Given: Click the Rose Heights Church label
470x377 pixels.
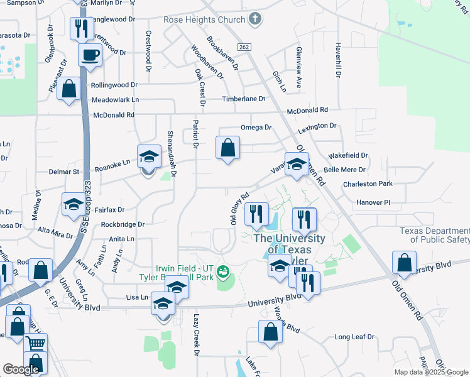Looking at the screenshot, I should [204, 20].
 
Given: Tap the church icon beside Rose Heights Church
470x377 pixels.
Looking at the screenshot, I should [255, 19].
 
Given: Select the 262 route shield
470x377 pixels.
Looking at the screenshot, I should [244, 48].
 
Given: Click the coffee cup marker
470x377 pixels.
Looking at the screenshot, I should [90, 54].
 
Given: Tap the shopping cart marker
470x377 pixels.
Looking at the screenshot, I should [36, 344].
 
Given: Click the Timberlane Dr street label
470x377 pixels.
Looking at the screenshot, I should [243, 99].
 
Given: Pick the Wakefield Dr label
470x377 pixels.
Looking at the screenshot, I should [348, 155].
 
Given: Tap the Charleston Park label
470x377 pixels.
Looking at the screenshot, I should [368, 184].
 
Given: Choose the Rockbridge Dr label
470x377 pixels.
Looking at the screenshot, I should [123, 224].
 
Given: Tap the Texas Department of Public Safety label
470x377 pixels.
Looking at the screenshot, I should [435, 234].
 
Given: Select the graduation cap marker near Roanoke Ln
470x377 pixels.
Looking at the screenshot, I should [148, 157].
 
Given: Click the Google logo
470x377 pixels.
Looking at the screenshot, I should [21, 369].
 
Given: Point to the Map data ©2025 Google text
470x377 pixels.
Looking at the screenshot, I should [430, 372].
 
